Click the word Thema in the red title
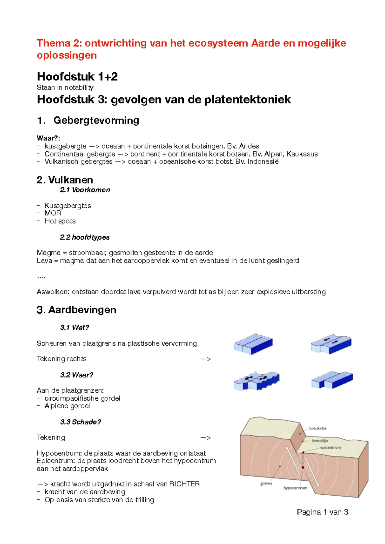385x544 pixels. (x=53, y=43)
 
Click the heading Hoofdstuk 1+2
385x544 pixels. (x=77, y=77)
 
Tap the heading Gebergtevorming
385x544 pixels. (x=96, y=120)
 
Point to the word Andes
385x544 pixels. (x=249, y=146)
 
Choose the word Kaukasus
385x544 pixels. (x=302, y=154)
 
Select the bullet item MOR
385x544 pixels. (x=53, y=213)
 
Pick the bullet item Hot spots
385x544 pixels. (x=60, y=221)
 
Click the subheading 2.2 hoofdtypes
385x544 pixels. (x=85, y=237)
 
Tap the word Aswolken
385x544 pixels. (x=53, y=292)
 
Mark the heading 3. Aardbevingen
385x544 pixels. (x=76, y=310)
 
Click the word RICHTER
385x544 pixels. (x=184, y=484)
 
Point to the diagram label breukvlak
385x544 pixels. (x=318, y=428)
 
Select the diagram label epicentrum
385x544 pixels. (x=330, y=447)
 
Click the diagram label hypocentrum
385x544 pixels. (x=295, y=488)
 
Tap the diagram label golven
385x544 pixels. (x=266, y=483)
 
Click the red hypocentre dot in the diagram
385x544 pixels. (x=303, y=467)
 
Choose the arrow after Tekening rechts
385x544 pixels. (x=205, y=359)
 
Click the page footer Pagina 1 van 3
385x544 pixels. (x=322, y=512)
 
